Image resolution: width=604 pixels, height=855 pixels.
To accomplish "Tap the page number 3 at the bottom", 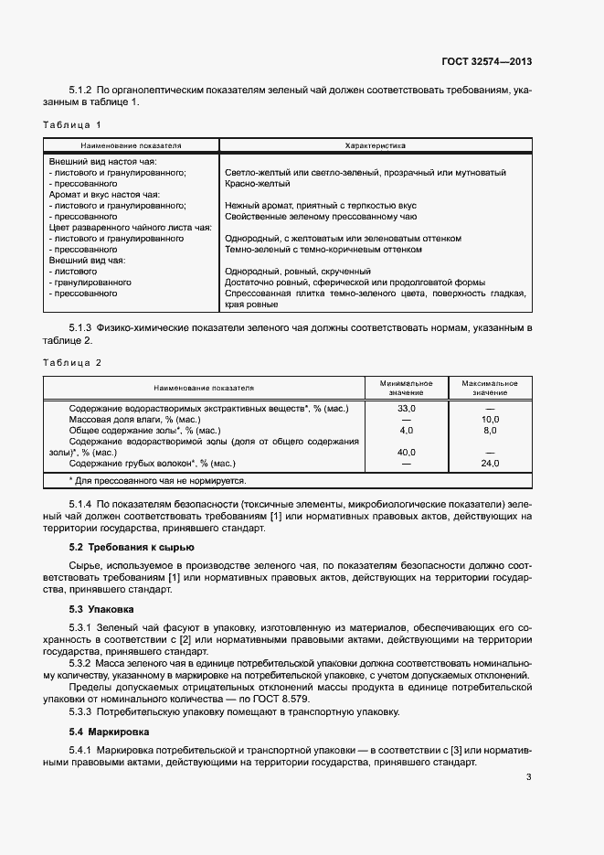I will [x=529, y=779].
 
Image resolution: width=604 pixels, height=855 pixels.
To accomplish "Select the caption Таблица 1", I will [x=72, y=123].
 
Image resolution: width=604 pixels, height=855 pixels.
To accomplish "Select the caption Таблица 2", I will [x=72, y=362].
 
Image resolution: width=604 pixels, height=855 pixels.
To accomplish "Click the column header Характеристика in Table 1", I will [x=375, y=145].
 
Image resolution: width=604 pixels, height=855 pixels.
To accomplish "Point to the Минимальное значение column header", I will [x=407, y=388].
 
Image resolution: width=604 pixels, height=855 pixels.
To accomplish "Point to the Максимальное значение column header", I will [x=490, y=388].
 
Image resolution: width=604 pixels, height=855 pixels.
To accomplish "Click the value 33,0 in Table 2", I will [x=407, y=408].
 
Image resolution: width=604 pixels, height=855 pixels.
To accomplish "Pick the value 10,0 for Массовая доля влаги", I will [x=490, y=419].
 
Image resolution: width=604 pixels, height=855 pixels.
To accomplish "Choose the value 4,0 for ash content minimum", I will [x=407, y=430].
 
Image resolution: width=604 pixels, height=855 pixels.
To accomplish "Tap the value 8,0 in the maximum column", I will [x=490, y=430].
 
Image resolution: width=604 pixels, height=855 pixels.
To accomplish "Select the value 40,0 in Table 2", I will [x=407, y=452].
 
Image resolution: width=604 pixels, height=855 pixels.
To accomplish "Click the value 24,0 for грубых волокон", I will [x=490, y=464].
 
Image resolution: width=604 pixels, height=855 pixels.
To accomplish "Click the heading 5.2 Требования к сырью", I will [x=132, y=547].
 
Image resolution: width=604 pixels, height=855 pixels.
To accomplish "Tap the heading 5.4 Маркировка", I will [x=108, y=732].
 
